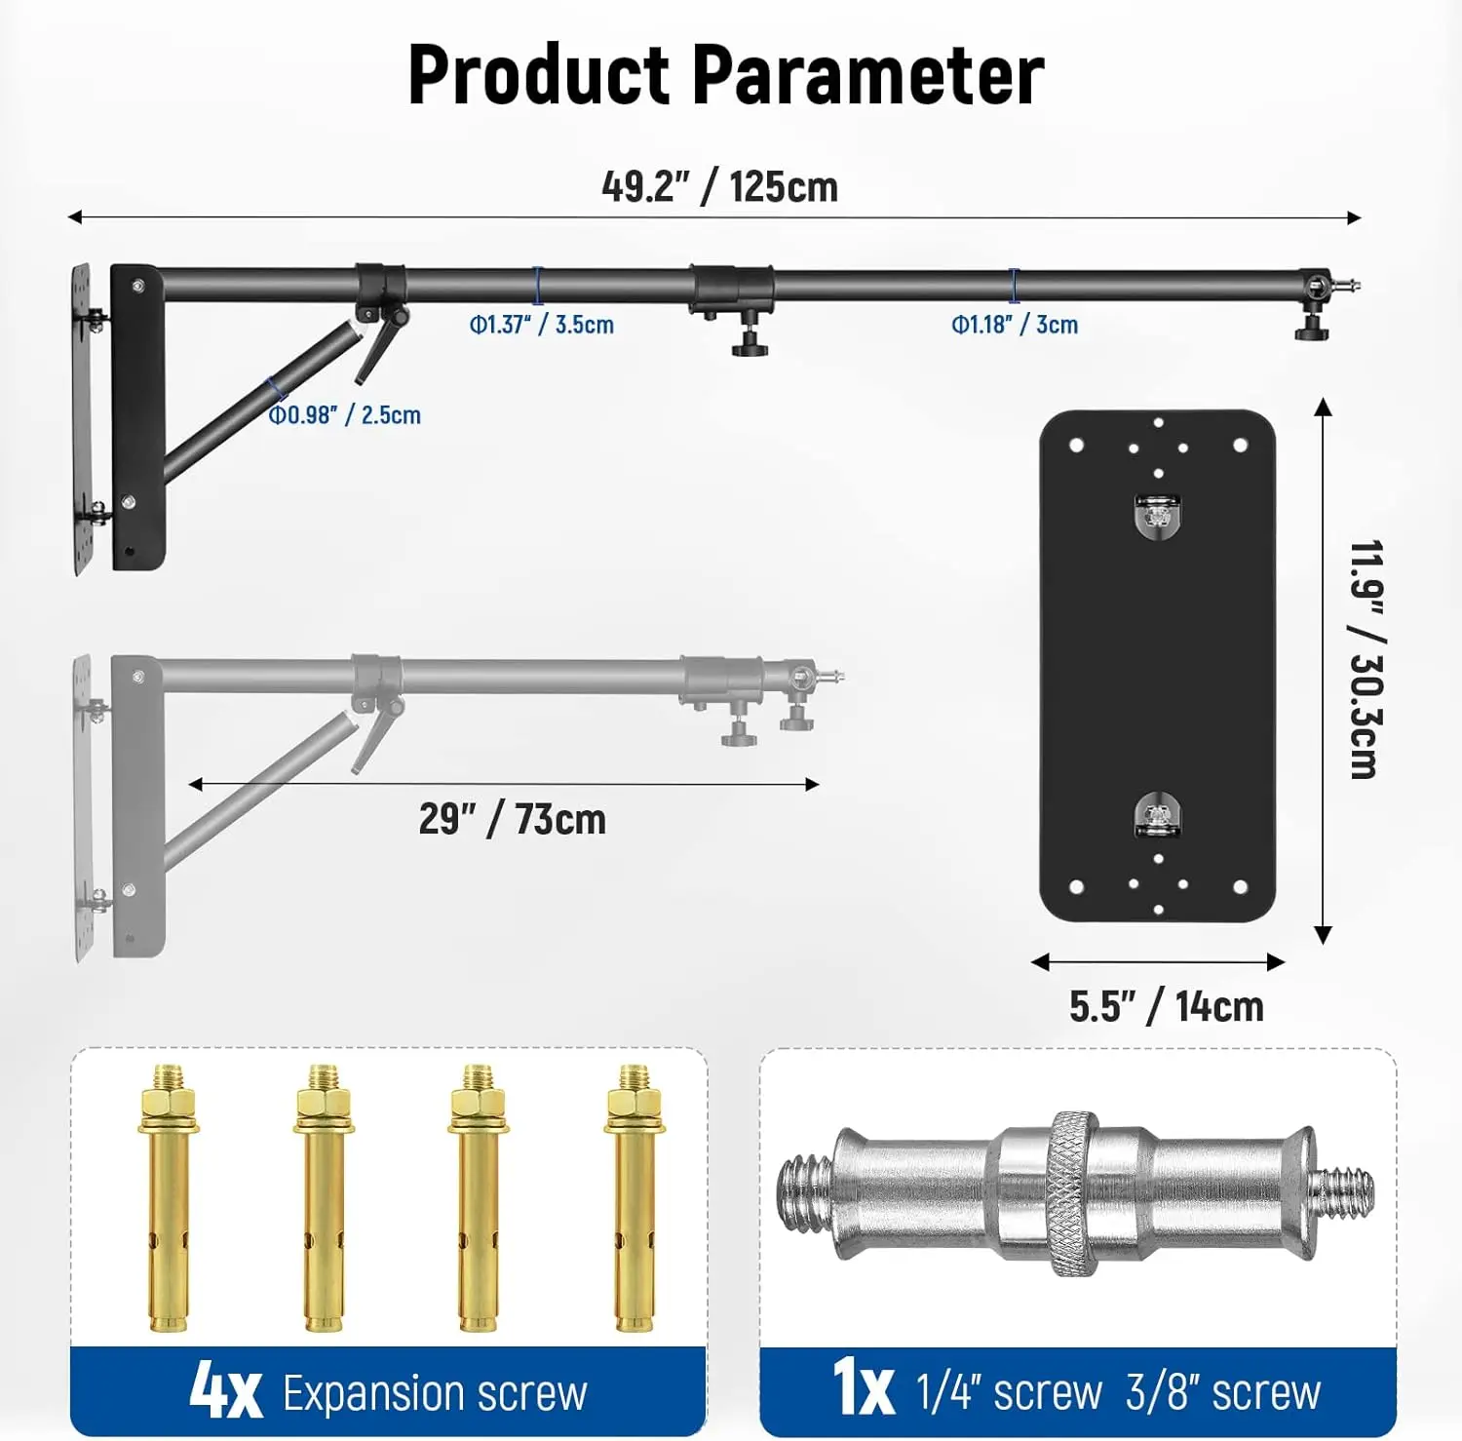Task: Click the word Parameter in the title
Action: coord(867,76)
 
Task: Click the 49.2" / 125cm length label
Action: coord(719,186)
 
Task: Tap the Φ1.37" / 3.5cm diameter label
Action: coord(542,325)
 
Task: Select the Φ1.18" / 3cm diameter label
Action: coord(1015,325)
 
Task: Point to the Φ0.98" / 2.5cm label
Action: coord(345,415)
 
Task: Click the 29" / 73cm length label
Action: coord(512,819)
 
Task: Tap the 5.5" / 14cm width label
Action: coord(1166,1006)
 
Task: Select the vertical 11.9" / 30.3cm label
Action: coord(1365,659)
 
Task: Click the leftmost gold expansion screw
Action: coord(169,1199)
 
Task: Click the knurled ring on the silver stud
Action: coord(1069,1192)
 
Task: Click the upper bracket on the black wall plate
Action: coord(1158,515)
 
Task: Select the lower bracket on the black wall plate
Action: coord(1158,815)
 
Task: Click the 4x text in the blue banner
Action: coord(225,1390)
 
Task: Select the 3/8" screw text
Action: coord(1222,1392)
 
